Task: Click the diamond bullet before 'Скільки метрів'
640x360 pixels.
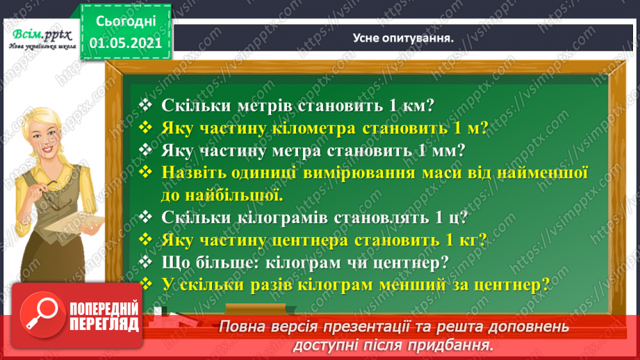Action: pyautogui.click(x=146, y=106)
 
